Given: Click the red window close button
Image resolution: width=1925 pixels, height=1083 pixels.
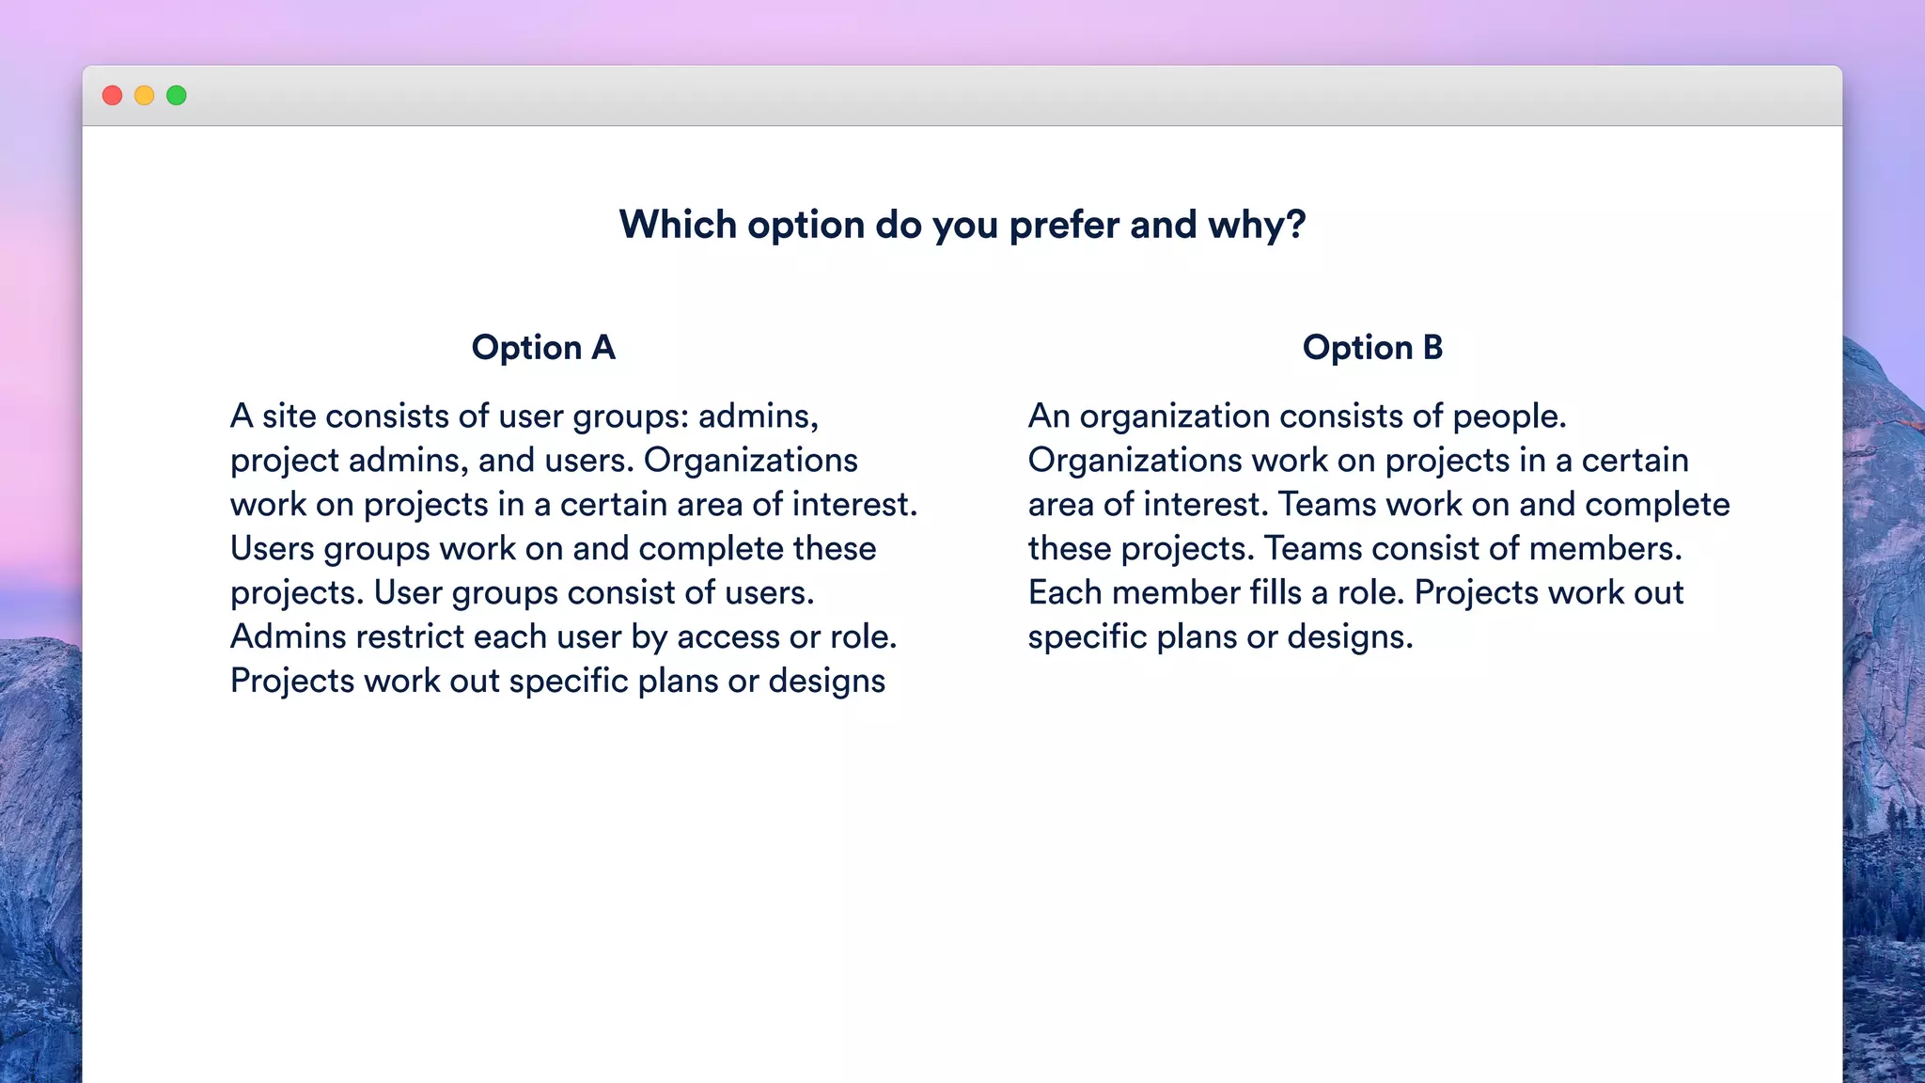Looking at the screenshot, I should [113, 96].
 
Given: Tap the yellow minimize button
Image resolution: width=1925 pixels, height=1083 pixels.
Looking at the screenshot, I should [145, 96].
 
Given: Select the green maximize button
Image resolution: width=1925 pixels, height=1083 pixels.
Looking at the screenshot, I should [177, 96].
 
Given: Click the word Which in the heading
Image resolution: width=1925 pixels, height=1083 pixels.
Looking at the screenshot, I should [678, 226].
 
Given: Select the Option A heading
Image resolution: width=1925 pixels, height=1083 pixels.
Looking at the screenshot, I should [543, 348].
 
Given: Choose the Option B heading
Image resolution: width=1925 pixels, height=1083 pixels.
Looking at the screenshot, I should [1372, 348].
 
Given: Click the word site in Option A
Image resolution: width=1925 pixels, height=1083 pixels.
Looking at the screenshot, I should [289, 416].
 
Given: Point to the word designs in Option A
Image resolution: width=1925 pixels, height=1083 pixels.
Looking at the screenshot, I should [826, 682].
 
